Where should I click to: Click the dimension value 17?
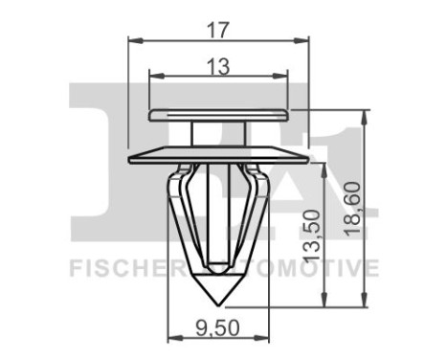(x=218, y=30)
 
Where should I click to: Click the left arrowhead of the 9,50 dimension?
(x=173, y=337)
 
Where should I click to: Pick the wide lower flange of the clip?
(x=218, y=153)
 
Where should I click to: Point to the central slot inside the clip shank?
(x=218, y=215)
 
